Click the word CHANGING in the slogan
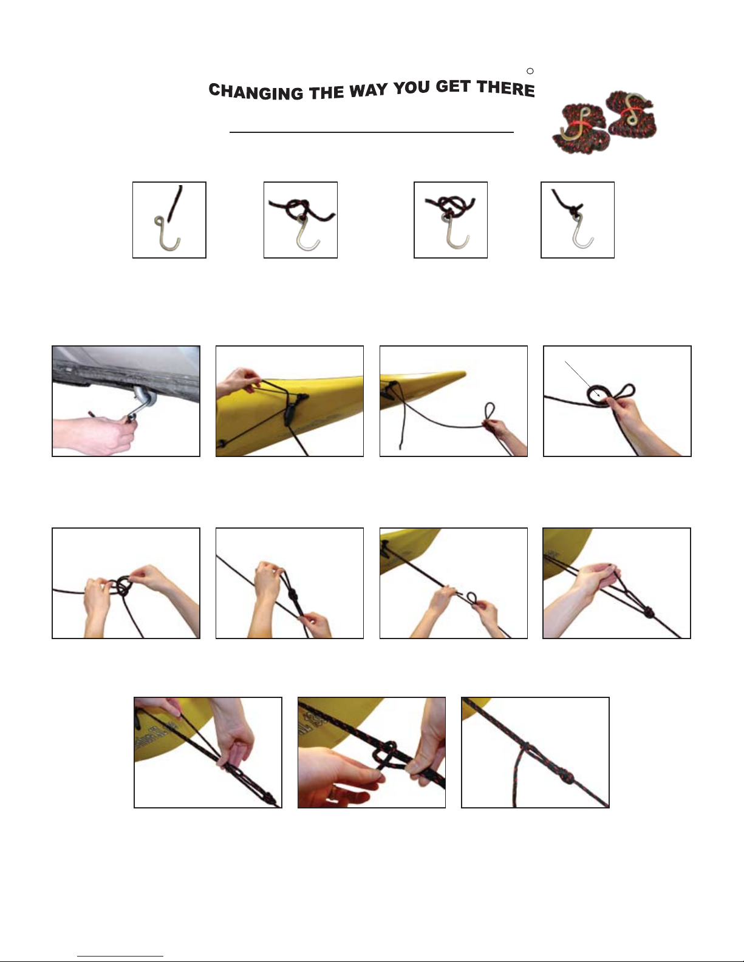(x=256, y=92)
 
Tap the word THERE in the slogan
(x=505, y=87)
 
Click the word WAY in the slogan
(x=368, y=90)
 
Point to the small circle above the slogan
(x=530, y=71)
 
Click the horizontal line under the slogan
(x=371, y=132)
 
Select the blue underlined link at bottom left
(x=120, y=956)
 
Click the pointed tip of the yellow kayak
(x=464, y=373)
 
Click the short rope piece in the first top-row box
(x=176, y=204)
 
